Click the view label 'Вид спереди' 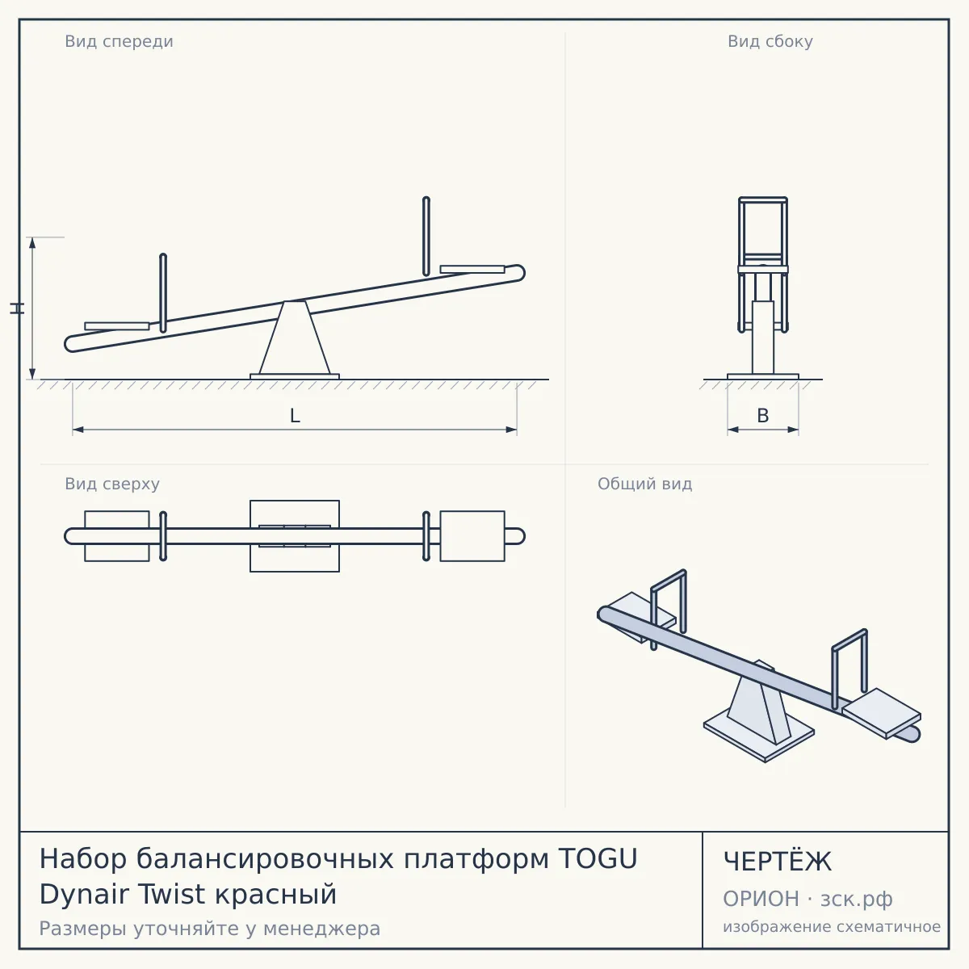pos(120,41)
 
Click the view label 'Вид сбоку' pos(770,41)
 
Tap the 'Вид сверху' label pos(112,484)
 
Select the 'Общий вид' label pos(644,484)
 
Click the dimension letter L pos(295,416)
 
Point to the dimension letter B pos(763,415)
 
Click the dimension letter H pos(17,308)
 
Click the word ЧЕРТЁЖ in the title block pos(778,862)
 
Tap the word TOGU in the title pos(598,859)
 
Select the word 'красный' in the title pos(275,895)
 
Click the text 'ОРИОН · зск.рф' pos(807,899)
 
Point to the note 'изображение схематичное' pos(832,926)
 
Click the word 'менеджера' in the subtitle pos(322,929)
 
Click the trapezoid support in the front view pos(295,338)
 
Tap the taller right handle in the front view pos(426,237)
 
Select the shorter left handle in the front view pos(163,293)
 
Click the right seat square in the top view pos(472,536)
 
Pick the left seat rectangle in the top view pos(116,536)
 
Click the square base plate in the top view pos(295,536)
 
